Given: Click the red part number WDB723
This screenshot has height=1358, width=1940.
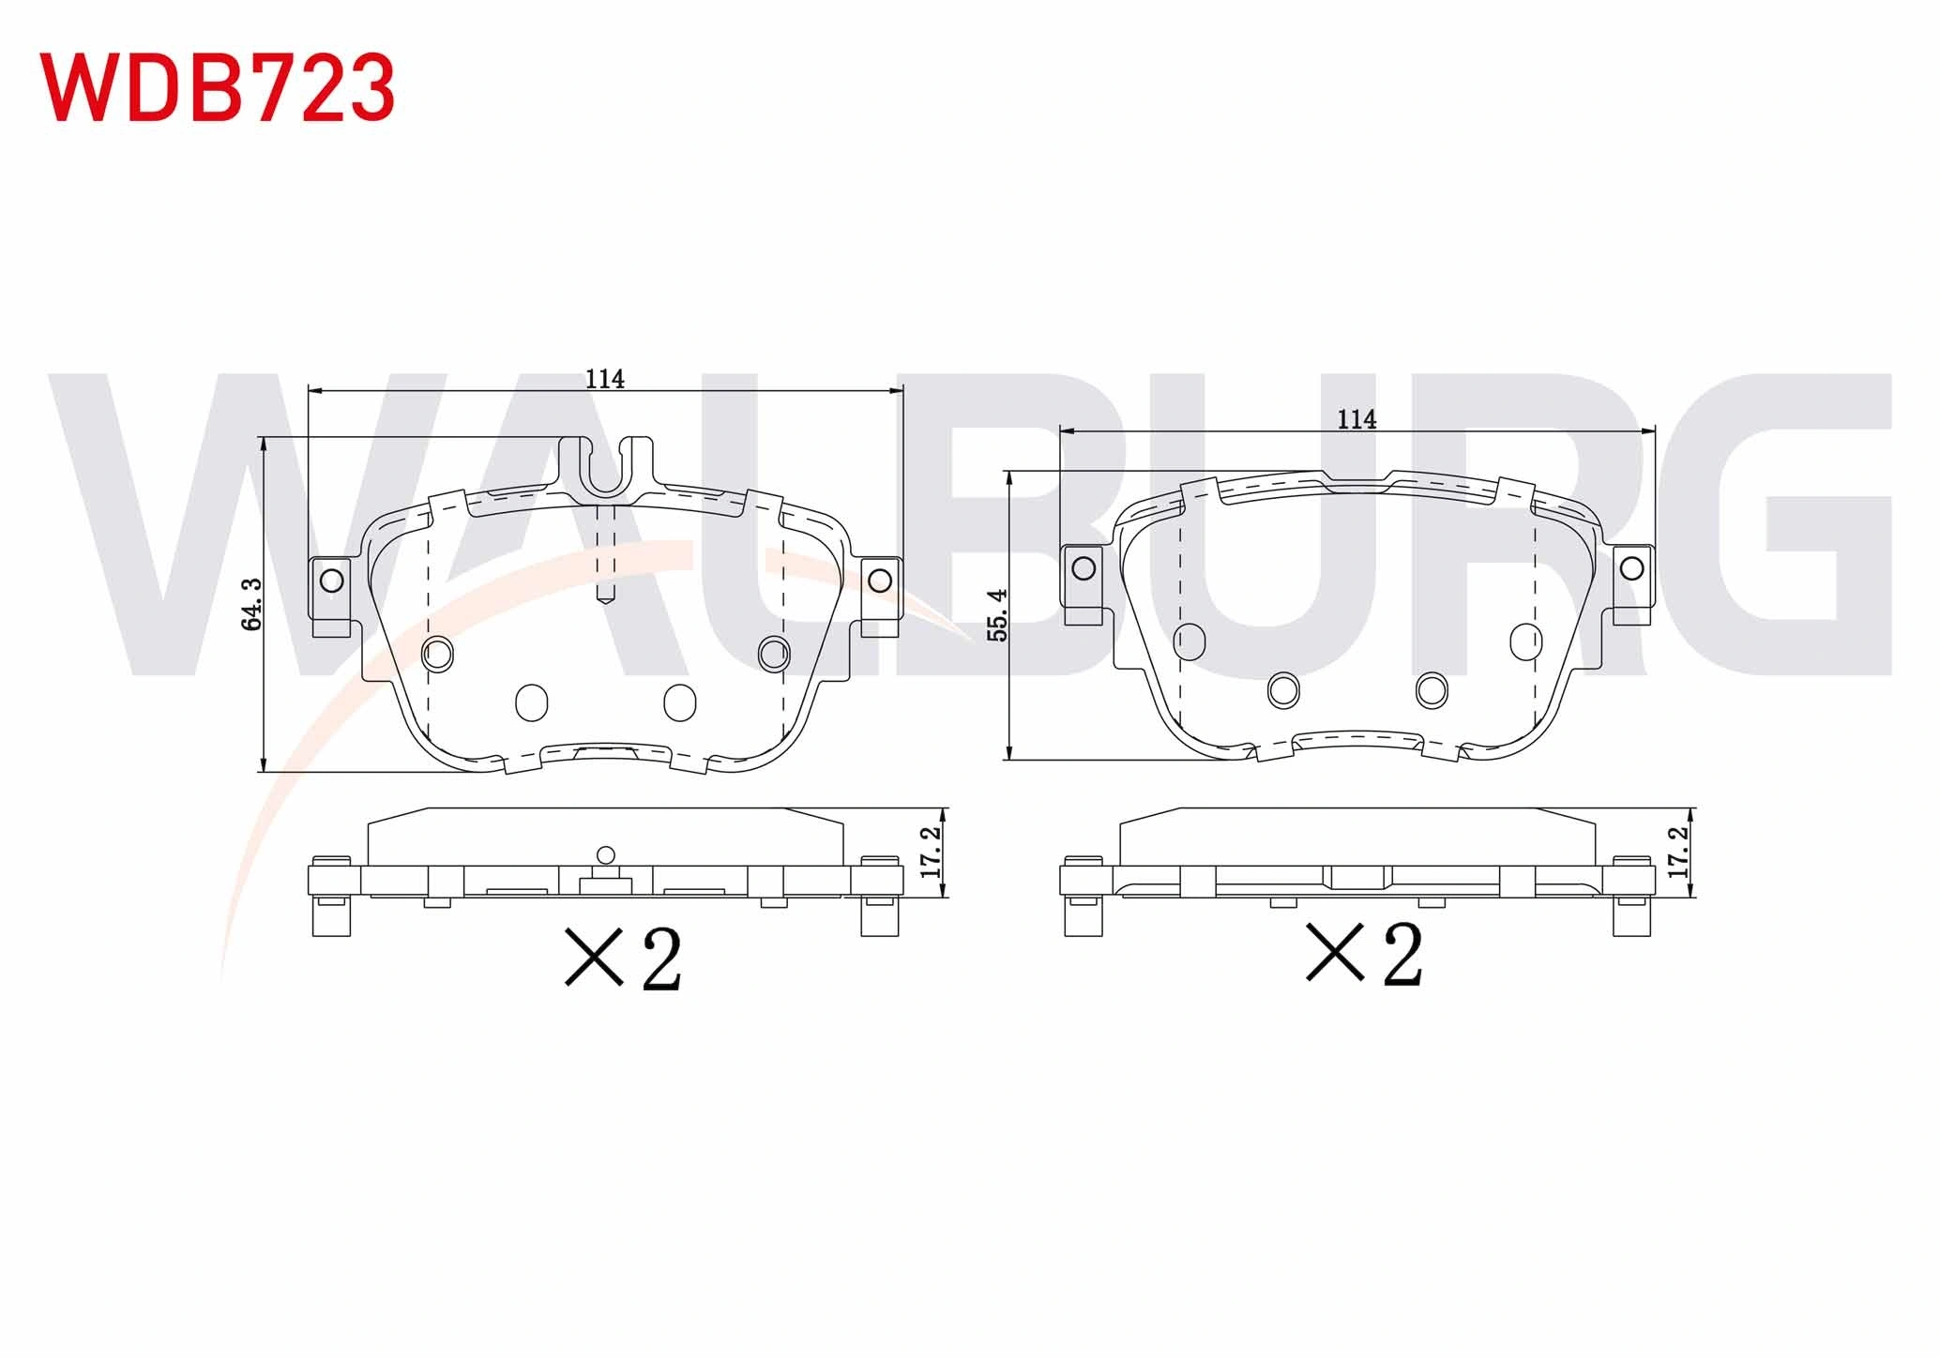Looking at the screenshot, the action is [x=218, y=87].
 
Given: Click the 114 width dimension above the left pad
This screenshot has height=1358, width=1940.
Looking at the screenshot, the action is [x=605, y=379].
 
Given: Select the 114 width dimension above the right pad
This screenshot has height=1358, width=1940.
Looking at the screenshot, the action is [x=1356, y=419].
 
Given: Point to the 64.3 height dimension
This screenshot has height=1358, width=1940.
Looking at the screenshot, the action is [x=252, y=604].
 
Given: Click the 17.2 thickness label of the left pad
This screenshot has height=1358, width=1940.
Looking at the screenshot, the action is [x=931, y=852].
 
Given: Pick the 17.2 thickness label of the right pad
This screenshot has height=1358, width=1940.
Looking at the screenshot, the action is [x=1678, y=852].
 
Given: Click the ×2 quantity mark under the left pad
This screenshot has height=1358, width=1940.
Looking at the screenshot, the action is [x=623, y=958].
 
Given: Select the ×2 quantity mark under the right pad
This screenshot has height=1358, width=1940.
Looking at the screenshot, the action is [x=1364, y=953].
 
